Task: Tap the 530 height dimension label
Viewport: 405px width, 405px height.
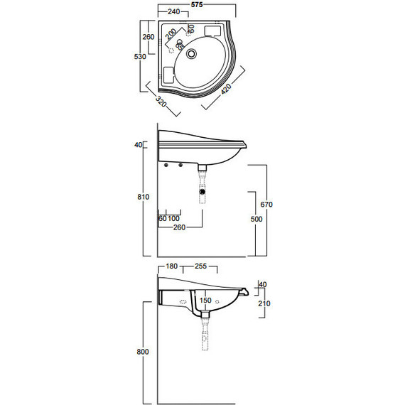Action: pyautogui.click(x=141, y=55)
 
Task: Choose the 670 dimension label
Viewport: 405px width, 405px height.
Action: pyautogui.click(x=266, y=205)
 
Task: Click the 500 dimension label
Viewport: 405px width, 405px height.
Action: pyautogui.click(x=256, y=219)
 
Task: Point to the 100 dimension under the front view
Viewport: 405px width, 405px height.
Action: pyautogui.click(x=174, y=218)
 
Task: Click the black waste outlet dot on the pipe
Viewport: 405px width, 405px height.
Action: pyautogui.click(x=204, y=192)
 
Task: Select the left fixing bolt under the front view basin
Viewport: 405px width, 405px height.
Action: pyautogui.click(x=167, y=166)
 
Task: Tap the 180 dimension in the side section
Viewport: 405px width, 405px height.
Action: pyautogui.click(x=171, y=266)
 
